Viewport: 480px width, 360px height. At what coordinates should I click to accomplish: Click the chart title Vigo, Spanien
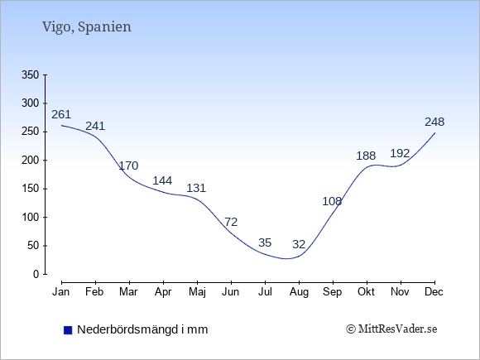pos(87,27)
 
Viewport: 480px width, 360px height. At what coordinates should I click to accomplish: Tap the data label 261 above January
pos(61,114)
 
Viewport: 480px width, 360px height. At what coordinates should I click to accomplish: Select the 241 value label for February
pos(95,126)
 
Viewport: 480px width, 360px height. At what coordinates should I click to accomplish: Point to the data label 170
pos(128,166)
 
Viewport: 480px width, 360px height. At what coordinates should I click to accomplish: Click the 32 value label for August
pos(299,244)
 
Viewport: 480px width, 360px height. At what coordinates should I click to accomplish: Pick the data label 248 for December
pos(434,122)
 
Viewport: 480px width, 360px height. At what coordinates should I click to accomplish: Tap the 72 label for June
pos(231,222)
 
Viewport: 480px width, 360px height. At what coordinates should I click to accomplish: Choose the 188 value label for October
pos(366,156)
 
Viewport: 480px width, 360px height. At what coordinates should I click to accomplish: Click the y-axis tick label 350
pos(31,74)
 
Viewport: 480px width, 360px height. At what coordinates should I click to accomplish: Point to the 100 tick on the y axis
pos(31,218)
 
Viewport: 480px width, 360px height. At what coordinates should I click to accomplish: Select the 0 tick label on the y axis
pos(36,274)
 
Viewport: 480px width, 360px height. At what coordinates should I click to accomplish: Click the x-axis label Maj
pos(197,292)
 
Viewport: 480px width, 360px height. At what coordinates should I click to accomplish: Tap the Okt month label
pos(366,292)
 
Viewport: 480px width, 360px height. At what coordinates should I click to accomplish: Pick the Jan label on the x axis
pos(61,292)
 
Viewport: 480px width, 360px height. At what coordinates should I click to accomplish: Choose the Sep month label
pos(333,292)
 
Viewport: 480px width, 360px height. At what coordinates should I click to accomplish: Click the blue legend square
pos(68,330)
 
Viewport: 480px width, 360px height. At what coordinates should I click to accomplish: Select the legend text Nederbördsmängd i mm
pos(142,329)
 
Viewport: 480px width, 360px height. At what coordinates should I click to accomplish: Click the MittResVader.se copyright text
pos(391,329)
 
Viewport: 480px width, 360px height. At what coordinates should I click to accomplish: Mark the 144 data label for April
pos(162,180)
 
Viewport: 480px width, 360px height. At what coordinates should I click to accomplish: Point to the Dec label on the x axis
pos(434,292)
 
